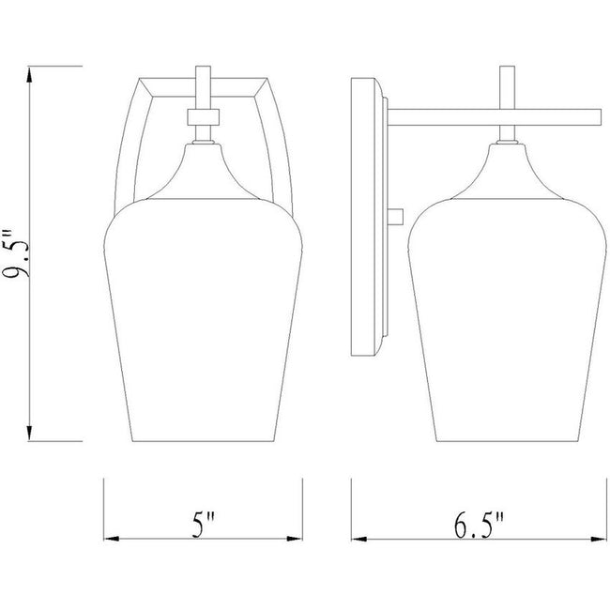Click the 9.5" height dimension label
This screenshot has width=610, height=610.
pyautogui.click(x=16, y=253)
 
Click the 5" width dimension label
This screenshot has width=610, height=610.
pyautogui.click(x=204, y=525)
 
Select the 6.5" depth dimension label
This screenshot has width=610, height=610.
pyautogui.click(x=479, y=526)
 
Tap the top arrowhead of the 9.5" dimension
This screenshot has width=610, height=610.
pyautogui.click(x=29, y=75)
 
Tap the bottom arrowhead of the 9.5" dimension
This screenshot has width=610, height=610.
pyautogui.click(x=29, y=433)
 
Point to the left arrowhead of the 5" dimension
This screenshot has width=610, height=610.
pyautogui.click(x=112, y=539)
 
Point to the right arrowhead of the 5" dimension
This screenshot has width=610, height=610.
pyautogui.click(x=295, y=539)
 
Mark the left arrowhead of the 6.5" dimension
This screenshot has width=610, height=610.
pyautogui.click(x=359, y=540)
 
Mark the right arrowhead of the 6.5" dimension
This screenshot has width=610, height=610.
pyautogui.click(x=599, y=540)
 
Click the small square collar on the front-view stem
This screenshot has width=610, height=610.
pyautogui.click(x=203, y=117)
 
